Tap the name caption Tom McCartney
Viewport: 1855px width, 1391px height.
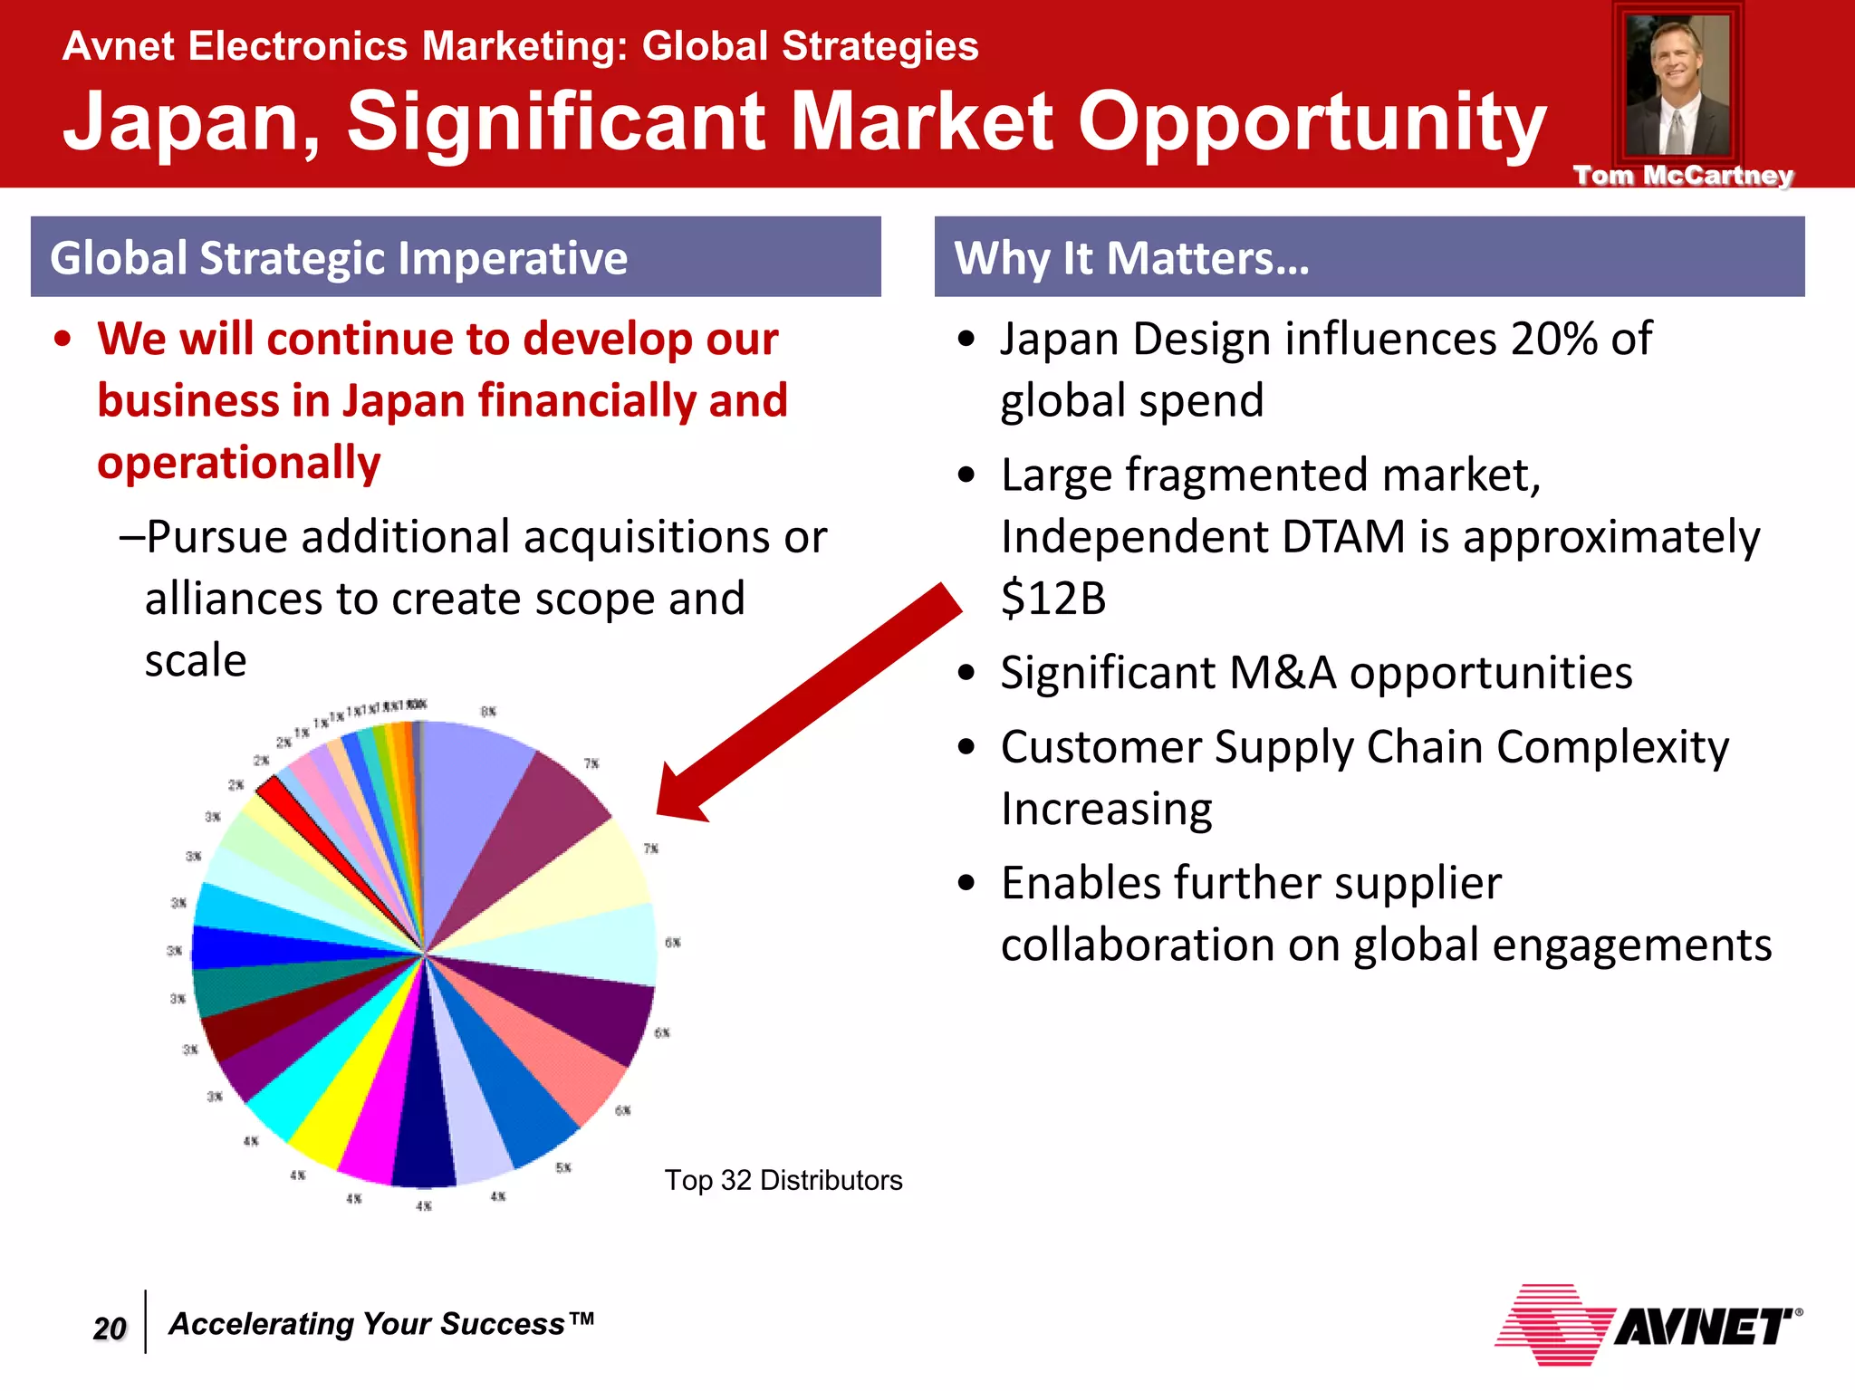[x=1683, y=176]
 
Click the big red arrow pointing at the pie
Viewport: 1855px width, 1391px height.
[x=806, y=706]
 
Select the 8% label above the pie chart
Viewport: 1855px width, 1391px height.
[x=488, y=712]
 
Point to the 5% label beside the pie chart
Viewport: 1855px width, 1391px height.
[x=563, y=1168]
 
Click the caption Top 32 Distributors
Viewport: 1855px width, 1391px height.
[x=783, y=1180]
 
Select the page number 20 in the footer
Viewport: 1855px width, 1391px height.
[x=110, y=1328]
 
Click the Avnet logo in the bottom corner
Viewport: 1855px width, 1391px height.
[x=1648, y=1326]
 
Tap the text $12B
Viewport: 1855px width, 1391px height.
[x=1053, y=599]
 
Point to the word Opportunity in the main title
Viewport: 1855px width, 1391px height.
[x=1312, y=121]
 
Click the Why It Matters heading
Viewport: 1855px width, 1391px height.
[x=1132, y=258]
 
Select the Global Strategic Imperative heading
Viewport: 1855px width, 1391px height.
[x=339, y=258]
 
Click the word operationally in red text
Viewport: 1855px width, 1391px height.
[x=239, y=463]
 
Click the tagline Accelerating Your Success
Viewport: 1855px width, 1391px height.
[x=380, y=1324]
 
